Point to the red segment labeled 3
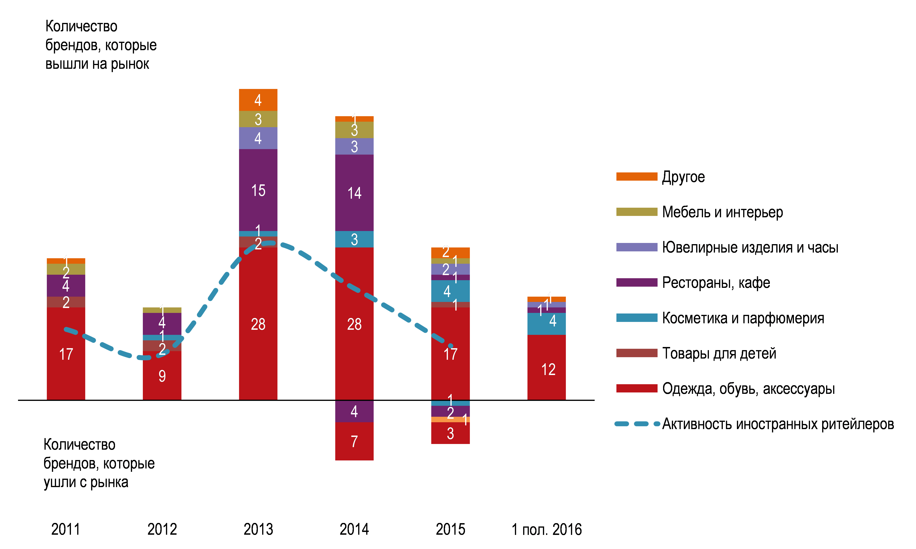(450, 433)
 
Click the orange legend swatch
(636, 177)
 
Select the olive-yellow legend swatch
(636, 212)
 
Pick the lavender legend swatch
(636, 247)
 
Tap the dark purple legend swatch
(636, 282)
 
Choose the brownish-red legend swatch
(636, 353)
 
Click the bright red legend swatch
(636, 388)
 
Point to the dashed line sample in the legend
(636, 424)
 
